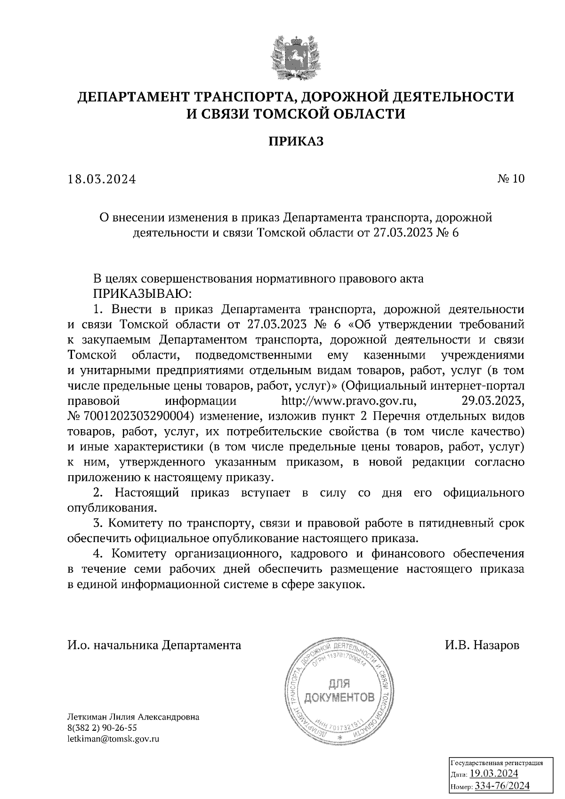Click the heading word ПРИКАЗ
pos(296,142)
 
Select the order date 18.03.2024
pos(102,179)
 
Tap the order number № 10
pos(510,179)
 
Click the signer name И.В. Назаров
pos(482,645)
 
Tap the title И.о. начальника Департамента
pos(154,645)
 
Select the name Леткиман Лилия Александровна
pos(133,718)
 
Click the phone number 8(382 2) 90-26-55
pos(102,728)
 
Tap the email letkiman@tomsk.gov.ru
pos(113,739)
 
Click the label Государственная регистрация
pos(497,763)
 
